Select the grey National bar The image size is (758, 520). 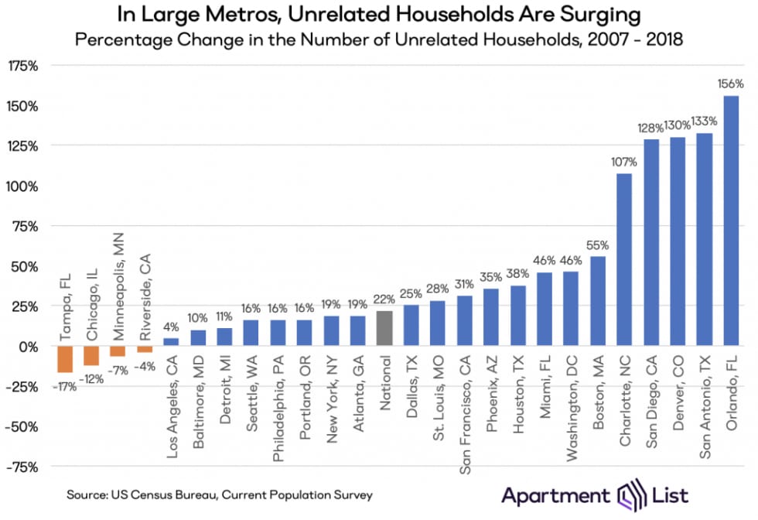tap(384, 328)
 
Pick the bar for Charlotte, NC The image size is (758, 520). tap(624, 259)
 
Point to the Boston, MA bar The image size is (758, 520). tap(598, 301)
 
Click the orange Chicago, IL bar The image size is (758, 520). tap(91, 355)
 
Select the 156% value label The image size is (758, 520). tap(730, 84)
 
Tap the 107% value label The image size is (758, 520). tap(624, 162)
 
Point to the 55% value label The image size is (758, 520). tap(598, 245)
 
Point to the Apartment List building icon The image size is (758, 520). tap(626, 494)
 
